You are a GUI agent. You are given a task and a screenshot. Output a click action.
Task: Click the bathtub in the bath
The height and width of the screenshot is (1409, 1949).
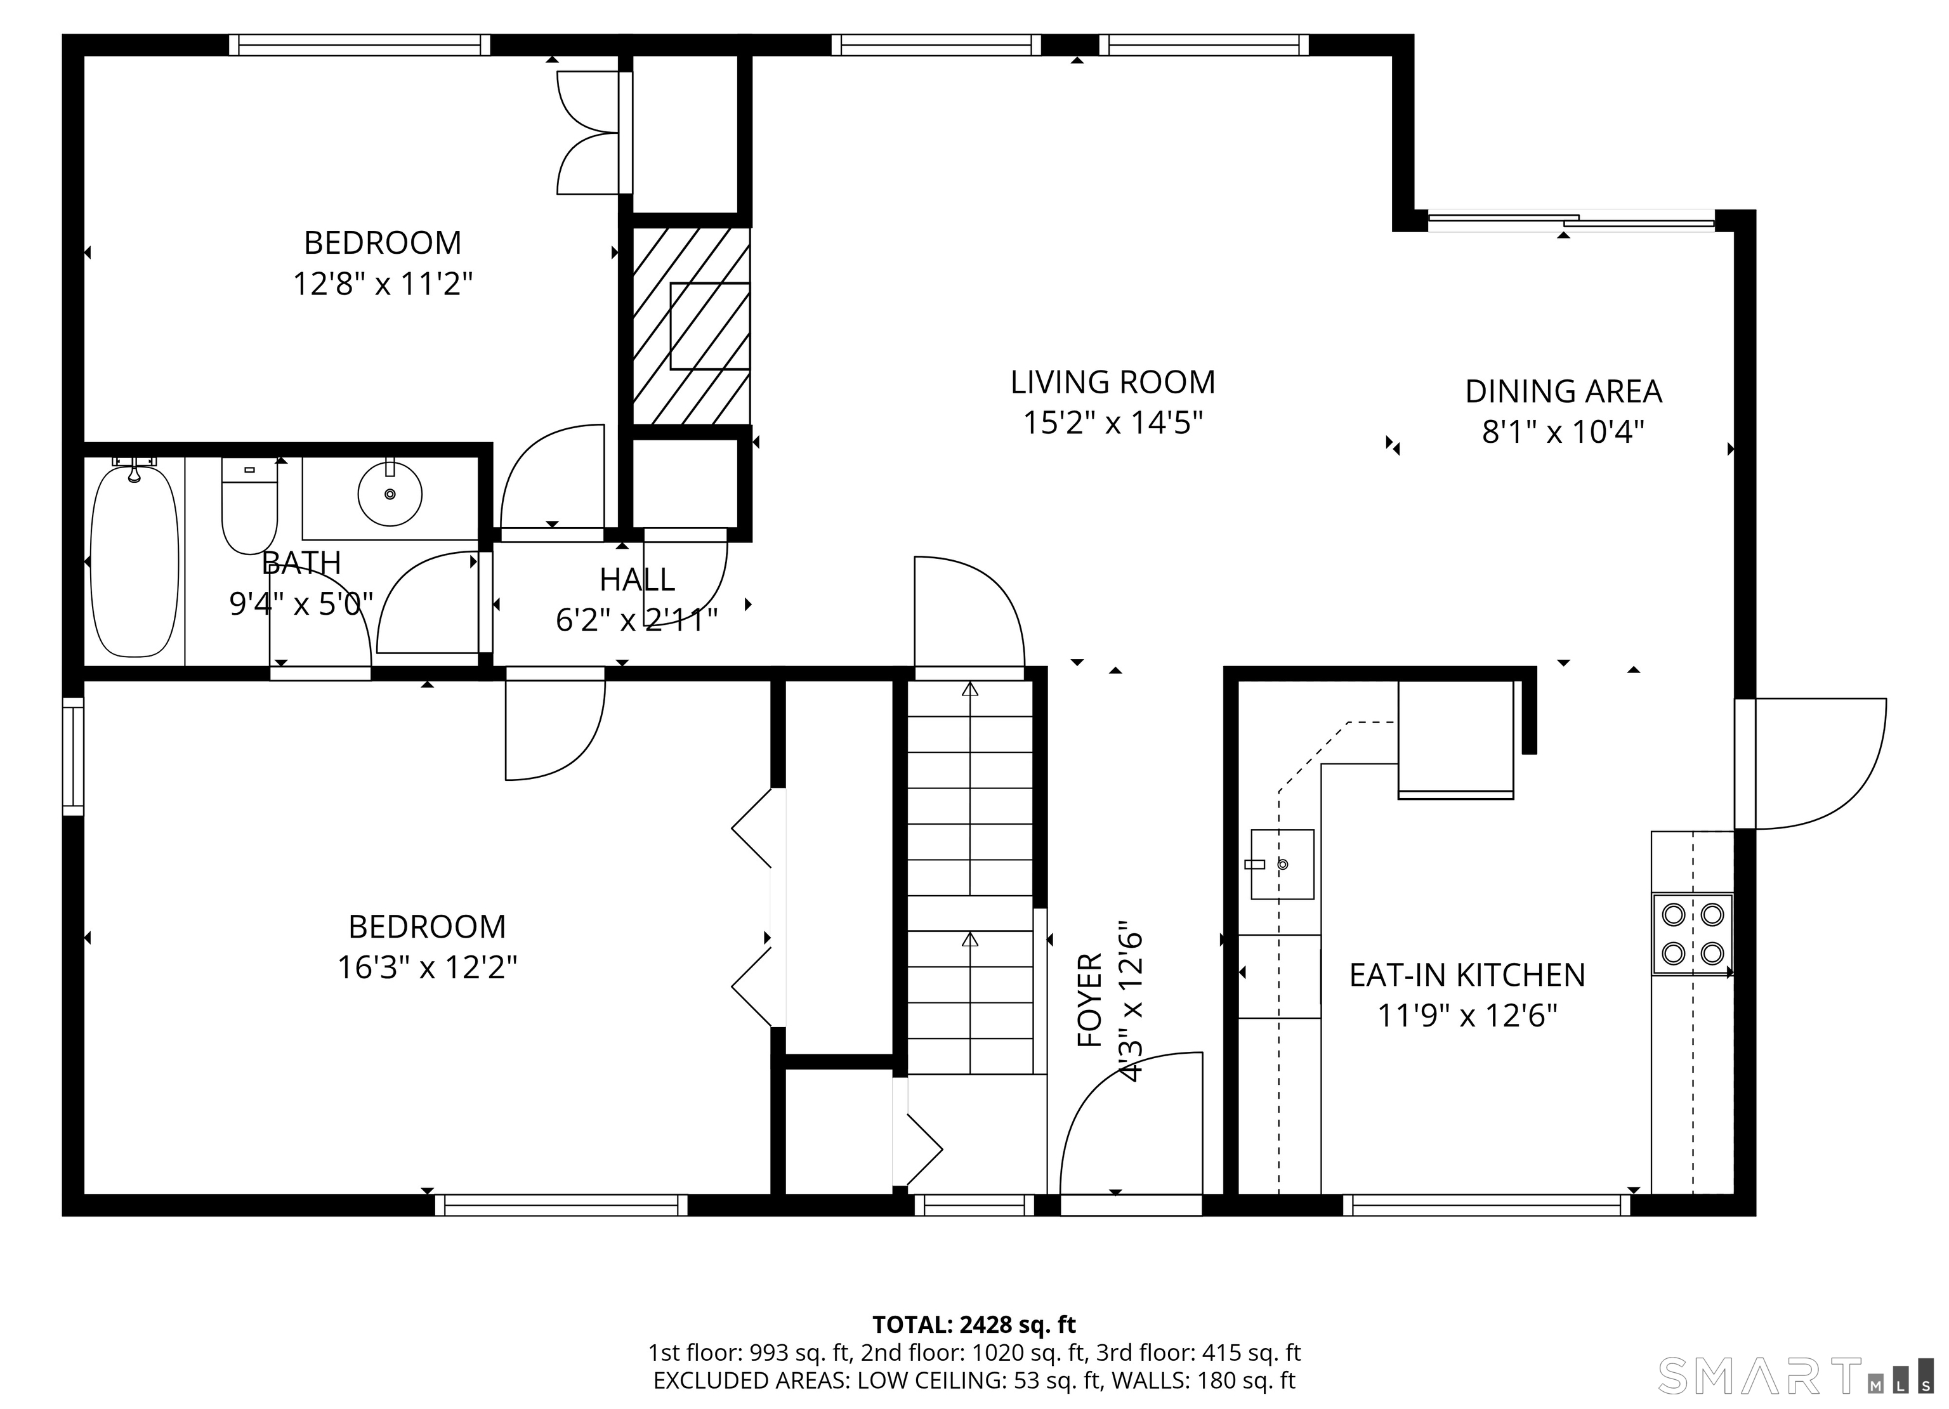[x=135, y=561]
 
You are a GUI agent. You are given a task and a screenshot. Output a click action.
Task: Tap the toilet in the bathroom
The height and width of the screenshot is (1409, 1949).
[x=249, y=507]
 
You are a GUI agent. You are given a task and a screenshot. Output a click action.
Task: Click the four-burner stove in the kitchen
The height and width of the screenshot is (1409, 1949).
[x=1692, y=934]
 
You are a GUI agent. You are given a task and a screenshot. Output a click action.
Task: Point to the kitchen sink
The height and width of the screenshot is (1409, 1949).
[x=1282, y=863]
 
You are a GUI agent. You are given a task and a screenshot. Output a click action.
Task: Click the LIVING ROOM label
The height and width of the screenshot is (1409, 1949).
[x=1113, y=383]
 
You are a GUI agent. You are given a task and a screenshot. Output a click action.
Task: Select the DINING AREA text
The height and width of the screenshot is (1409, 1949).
[x=1563, y=392]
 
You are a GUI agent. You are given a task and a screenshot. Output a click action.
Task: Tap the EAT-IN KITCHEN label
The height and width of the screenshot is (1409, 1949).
[x=1467, y=975]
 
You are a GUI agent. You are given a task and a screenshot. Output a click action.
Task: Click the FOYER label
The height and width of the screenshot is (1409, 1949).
[x=1090, y=1000]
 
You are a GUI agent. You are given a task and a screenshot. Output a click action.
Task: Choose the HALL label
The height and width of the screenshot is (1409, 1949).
[x=637, y=580]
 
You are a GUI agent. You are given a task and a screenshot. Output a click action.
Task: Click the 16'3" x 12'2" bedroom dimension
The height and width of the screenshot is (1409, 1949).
[x=427, y=968]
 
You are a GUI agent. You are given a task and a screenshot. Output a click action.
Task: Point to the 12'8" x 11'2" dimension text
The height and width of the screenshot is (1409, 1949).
[x=383, y=284]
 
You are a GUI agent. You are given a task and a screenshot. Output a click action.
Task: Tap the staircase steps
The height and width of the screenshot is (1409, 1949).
[x=970, y=877]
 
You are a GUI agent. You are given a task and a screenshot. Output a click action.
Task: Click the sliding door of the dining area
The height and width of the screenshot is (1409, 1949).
[x=1571, y=221]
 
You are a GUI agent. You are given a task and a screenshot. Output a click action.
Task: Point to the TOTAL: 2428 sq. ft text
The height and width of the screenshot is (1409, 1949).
[x=974, y=1325]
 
